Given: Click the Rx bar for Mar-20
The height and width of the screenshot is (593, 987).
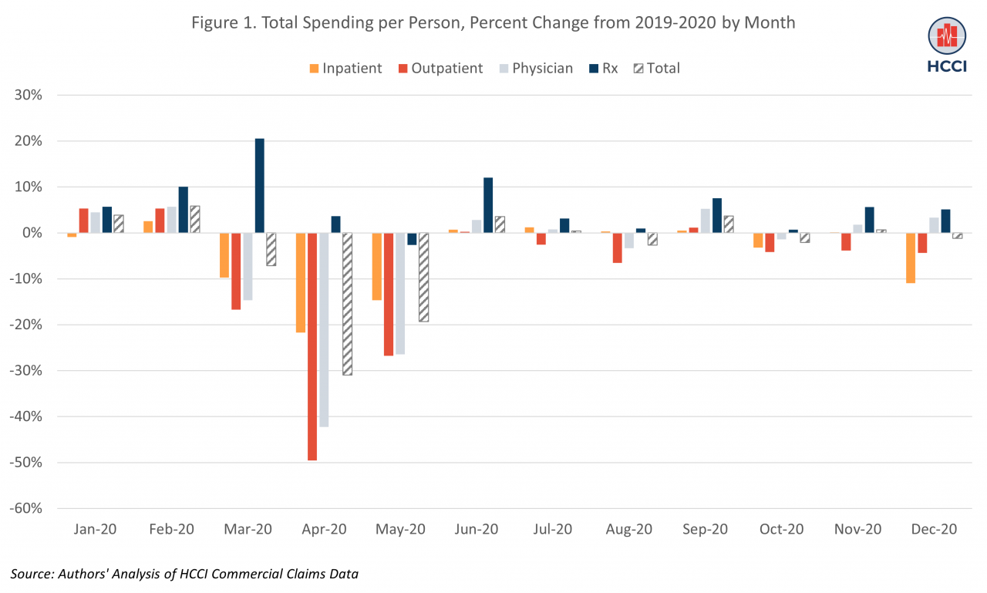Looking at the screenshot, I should coord(259,186).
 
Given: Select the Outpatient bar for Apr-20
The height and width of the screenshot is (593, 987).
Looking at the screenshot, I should coord(312,346).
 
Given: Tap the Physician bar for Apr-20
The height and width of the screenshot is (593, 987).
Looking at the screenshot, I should coord(324,329).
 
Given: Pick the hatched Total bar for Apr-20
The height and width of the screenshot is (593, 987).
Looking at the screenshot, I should coord(347,304).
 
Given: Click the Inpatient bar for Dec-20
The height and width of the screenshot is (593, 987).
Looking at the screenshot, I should coord(911,258).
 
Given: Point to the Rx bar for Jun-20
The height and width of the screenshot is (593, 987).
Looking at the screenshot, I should coord(488,205).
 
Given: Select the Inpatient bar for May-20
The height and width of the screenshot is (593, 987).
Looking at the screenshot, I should coord(377,266).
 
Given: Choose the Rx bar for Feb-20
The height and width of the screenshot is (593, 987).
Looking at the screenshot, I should coord(183,210).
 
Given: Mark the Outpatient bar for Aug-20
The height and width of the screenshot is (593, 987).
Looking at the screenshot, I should coord(618,248).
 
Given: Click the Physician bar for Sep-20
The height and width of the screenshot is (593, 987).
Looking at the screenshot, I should coord(706,221).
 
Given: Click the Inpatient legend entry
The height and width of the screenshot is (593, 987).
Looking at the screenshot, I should coord(345,68).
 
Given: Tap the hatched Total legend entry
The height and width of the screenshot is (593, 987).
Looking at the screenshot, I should coord(656,68).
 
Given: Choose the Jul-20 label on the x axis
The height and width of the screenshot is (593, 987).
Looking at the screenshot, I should coord(553,530).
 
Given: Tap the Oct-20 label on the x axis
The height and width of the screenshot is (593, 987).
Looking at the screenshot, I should coord(782,530).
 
